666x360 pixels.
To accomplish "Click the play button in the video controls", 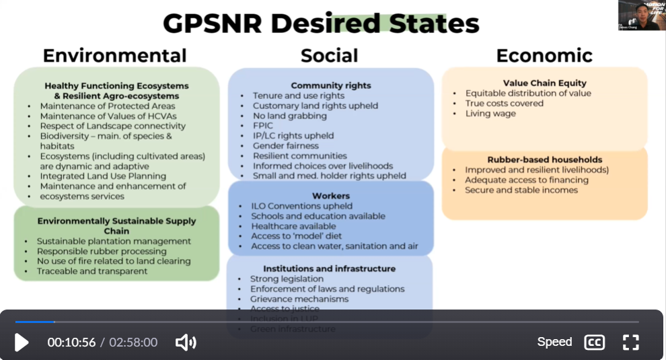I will click(22, 343).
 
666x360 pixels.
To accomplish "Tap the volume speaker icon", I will click(185, 343).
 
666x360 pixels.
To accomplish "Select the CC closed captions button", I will click(594, 343).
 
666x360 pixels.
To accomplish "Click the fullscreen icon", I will click(630, 343).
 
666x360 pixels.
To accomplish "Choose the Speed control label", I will click(554, 342).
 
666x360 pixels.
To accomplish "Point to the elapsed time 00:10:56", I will click(71, 343).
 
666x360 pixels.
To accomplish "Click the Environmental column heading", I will click(114, 55).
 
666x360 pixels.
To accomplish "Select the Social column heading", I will click(329, 55).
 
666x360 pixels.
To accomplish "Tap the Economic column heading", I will click(544, 55).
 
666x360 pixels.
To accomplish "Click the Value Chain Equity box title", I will click(544, 83).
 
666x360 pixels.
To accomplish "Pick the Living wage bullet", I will click(490, 114).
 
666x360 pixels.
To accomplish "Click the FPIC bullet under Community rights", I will click(264, 126).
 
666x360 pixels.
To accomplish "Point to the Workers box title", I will click(330, 196).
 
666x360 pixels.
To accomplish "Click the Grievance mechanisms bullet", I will click(299, 299).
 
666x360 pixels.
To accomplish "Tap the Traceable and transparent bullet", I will click(92, 271).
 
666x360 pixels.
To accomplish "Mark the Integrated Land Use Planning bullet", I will click(103, 176).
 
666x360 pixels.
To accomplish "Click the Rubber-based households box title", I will click(544, 160).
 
